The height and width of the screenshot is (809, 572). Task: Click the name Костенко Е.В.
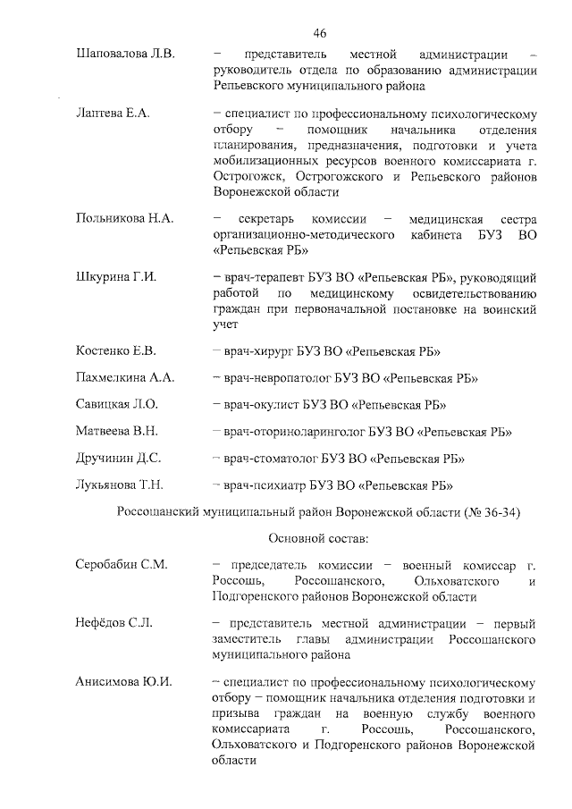116,350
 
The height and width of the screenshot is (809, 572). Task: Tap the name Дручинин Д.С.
118,459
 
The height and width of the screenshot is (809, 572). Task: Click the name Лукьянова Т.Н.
119,485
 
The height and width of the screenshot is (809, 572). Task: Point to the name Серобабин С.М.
122,565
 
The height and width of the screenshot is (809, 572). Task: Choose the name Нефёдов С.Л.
114,623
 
